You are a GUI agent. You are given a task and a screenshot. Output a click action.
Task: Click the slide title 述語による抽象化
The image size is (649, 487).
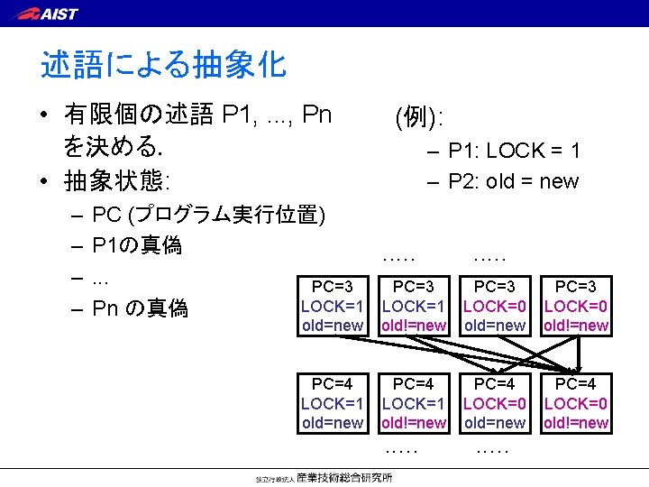(x=163, y=64)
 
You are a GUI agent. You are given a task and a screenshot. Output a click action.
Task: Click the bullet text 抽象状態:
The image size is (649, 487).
(x=117, y=181)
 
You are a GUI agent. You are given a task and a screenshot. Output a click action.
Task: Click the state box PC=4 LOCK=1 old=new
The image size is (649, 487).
(x=332, y=403)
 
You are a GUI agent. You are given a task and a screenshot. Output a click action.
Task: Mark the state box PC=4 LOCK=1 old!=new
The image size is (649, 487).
(x=414, y=403)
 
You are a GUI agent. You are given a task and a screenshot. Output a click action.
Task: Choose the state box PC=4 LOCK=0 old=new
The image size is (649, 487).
(x=494, y=403)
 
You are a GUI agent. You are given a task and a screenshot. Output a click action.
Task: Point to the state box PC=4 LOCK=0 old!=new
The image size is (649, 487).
(x=576, y=403)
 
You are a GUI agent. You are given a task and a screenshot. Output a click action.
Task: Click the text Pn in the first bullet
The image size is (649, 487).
(x=316, y=115)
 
